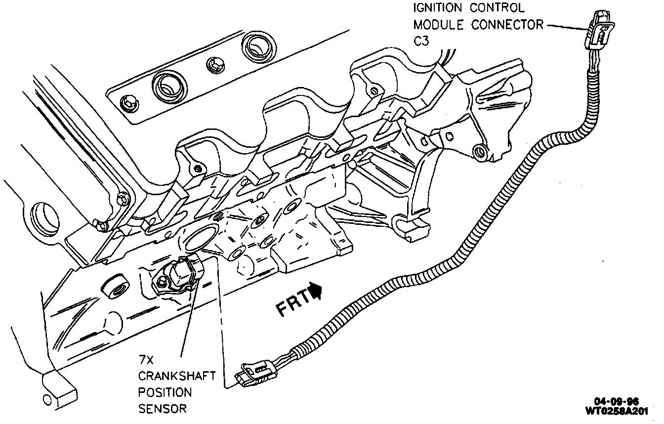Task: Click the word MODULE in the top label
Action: point(439,25)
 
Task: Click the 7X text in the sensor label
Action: point(145,361)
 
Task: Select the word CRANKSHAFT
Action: point(176,377)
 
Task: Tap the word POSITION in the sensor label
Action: point(165,393)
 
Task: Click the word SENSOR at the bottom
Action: point(162,409)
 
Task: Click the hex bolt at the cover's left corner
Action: point(127,102)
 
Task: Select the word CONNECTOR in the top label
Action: point(506,25)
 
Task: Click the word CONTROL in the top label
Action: point(494,8)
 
